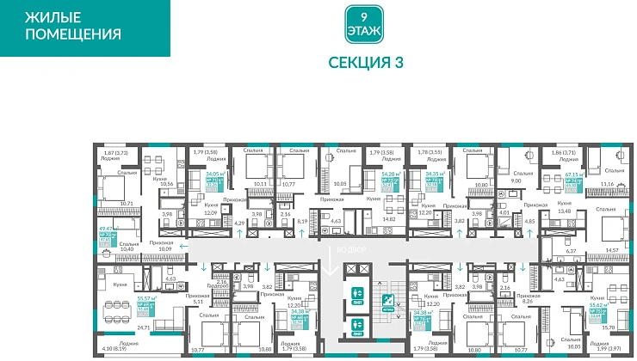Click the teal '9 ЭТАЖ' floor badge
coord(362,25)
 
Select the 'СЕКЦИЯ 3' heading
coord(366,63)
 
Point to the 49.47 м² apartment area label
coord(108,229)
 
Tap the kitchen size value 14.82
coord(389,219)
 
